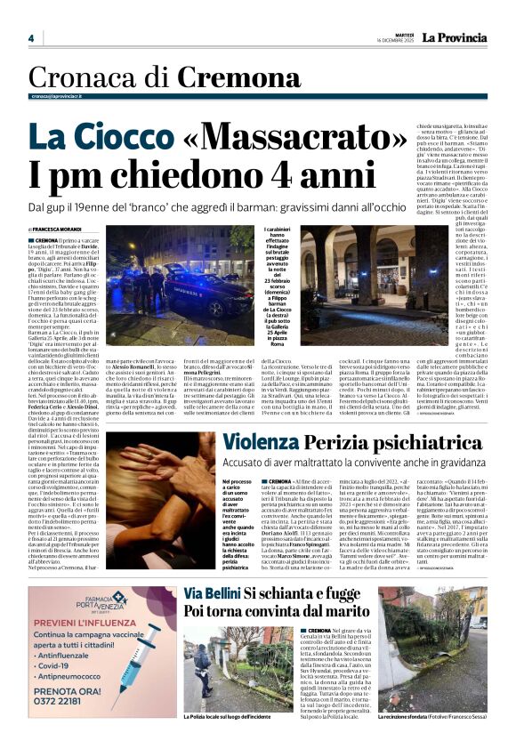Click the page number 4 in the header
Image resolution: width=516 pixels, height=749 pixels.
click(30, 38)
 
